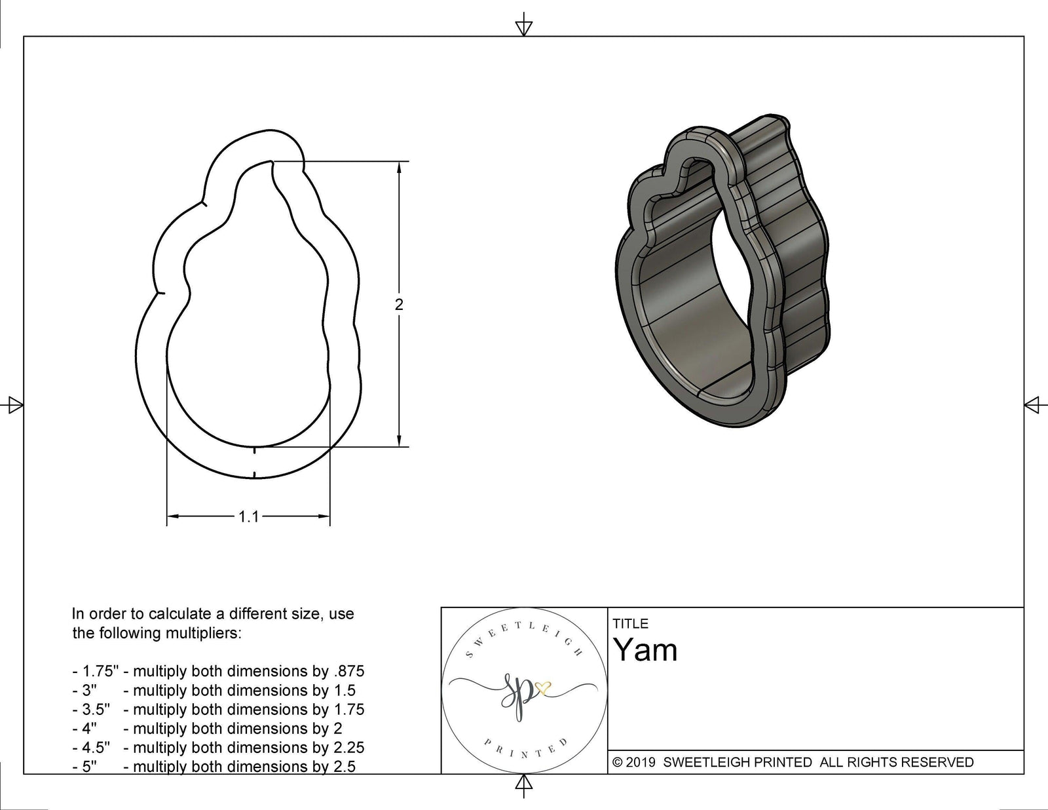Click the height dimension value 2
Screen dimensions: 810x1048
coord(399,305)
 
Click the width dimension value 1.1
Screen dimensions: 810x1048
coord(248,517)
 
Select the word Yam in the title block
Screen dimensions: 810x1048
coord(645,650)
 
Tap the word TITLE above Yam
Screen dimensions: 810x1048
coord(630,624)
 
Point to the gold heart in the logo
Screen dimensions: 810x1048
coord(543,687)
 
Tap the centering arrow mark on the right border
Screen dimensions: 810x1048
coord(1032,405)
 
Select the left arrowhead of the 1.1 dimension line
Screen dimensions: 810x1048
coord(172,517)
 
